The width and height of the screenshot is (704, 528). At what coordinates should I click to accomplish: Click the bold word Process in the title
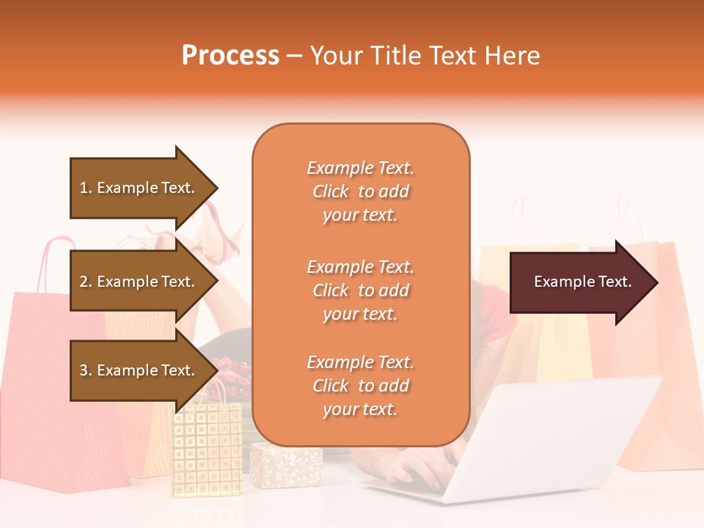pyautogui.click(x=230, y=56)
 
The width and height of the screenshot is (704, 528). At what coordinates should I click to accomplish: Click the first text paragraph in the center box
pyautogui.click(x=360, y=191)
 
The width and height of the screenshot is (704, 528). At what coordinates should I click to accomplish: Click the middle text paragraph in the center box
pyautogui.click(x=360, y=290)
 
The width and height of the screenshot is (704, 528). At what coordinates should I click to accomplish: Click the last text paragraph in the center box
pyautogui.click(x=360, y=386)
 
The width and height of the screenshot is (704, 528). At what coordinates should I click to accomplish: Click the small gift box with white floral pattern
pyautogui.click(x=286, y=465)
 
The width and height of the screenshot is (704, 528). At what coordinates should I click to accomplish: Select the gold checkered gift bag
pyautogui.click(x=206, y=447)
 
